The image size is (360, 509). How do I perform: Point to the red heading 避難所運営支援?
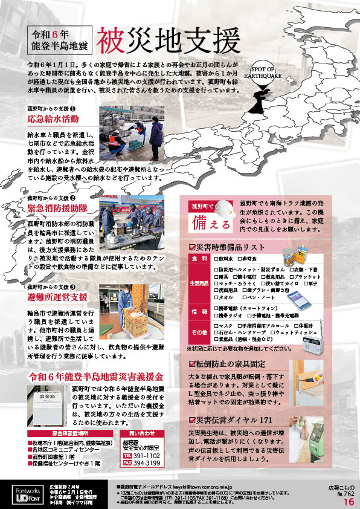[x=58, y=298]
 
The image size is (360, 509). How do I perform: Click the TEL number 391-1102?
[x=146, y=455]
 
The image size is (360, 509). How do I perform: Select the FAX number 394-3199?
[x=146, y=464]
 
